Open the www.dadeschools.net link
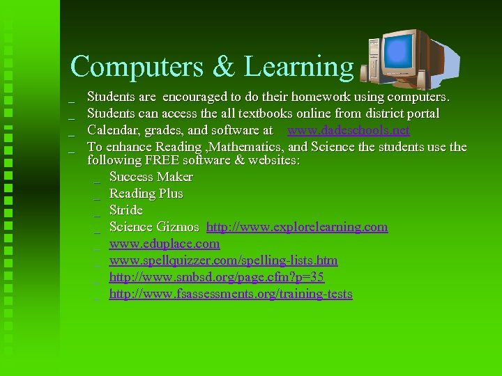pos(349,130)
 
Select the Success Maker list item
pos(151,177)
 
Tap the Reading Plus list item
pos(146,194)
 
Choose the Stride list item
pos(125,210)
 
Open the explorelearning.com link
pos(297,227)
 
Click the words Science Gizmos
pos(154,227)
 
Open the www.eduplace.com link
pos(164,244)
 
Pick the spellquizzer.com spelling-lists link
pos(223,260)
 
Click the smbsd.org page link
pos(216,277)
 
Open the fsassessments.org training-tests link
pos(231,294)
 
